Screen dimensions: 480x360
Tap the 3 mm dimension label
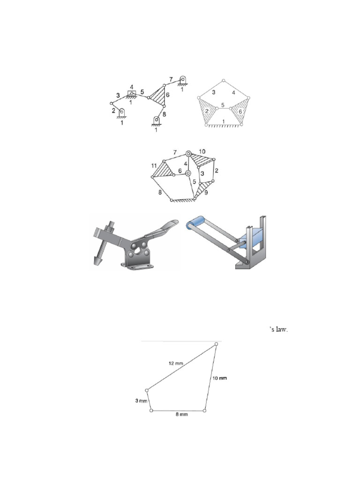point(141,401)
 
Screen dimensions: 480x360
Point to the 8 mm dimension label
point(179,416)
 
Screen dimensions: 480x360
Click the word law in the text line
point(280,330)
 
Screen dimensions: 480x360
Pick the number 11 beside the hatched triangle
point(154,166)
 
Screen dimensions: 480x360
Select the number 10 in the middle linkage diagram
point(202,151)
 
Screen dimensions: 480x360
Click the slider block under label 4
point(132,93)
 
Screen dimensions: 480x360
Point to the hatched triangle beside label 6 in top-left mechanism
point(158,96)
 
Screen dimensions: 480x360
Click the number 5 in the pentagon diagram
point(223,105)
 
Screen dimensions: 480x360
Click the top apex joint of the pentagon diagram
point(224,81)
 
